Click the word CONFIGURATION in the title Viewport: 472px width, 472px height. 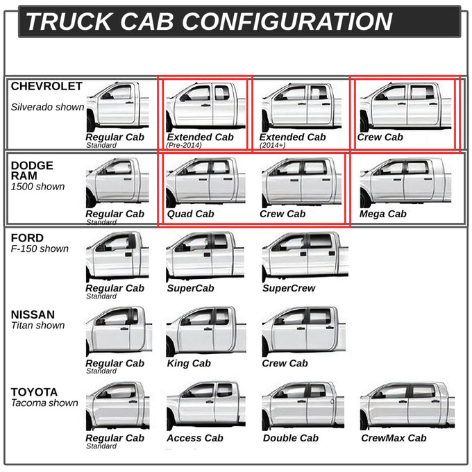click(287, 22)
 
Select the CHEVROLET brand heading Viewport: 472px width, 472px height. click(47, 86)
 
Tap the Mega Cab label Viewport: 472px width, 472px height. click(383, 214)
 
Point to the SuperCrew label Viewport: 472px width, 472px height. click(289, 288)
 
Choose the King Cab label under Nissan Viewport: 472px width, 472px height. click(189, 363)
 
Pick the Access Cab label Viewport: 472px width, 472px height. click(195, 438)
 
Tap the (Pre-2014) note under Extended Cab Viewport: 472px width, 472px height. click(184, 145)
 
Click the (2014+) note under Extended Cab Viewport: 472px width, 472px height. click(272, 145)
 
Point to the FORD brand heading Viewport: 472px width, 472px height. click(27, 238)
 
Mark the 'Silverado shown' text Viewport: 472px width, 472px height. click(48, 107)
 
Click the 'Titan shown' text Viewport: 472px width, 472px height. click(38, 326)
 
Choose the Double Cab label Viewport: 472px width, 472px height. click(291, 438)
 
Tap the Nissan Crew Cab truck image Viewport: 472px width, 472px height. click(304, 331)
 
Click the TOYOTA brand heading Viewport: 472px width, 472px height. click(34, 392)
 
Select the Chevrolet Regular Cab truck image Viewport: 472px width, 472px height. click(118, 107)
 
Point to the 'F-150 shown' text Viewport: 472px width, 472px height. click(40, 249)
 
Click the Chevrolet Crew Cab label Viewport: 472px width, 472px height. click(380, 137)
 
